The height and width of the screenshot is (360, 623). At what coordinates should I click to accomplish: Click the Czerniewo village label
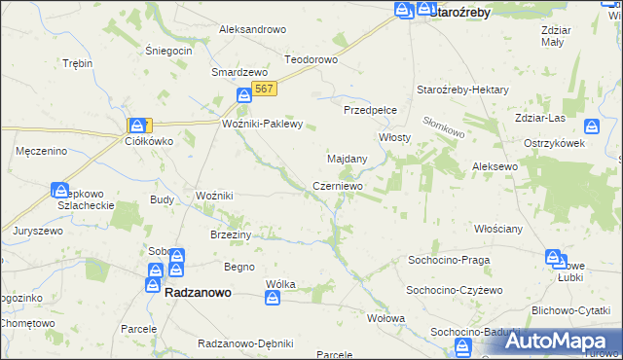point(338,186)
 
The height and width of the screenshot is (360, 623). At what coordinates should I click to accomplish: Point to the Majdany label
point(347,159)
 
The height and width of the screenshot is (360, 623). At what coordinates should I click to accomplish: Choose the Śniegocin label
point(168,51)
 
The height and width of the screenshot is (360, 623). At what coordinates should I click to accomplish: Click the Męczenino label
point(42,151)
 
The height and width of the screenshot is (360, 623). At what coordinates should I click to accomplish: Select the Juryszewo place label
point(38,231)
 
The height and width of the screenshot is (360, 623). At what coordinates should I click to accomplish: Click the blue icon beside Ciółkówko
point(139,126)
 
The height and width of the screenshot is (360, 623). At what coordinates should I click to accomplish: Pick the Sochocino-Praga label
point(448,261)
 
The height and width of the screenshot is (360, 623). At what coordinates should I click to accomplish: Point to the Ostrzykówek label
point(553,144)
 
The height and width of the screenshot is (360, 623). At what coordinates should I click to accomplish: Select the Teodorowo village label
point(311,59)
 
